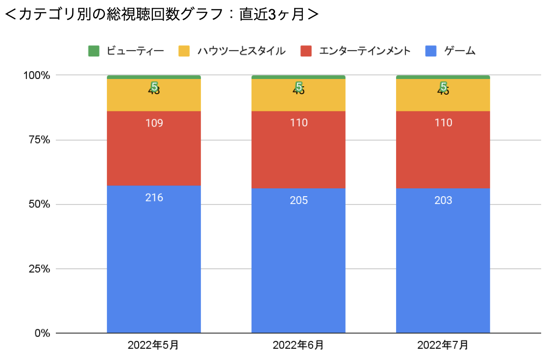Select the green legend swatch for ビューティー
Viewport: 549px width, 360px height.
(94, 51)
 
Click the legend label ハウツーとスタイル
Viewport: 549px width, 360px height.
(241, 51)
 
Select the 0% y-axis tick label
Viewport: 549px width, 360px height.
(42, 334)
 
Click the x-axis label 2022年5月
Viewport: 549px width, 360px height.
(153, 345)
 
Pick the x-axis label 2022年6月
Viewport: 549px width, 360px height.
(298, 345)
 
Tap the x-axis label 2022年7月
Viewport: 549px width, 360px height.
(443, 345)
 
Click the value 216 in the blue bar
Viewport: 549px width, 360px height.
(154, 198)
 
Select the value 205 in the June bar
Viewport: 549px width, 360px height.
(299, 201)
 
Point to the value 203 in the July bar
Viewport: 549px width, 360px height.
(443, 201)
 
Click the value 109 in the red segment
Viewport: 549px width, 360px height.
(154, 123)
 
